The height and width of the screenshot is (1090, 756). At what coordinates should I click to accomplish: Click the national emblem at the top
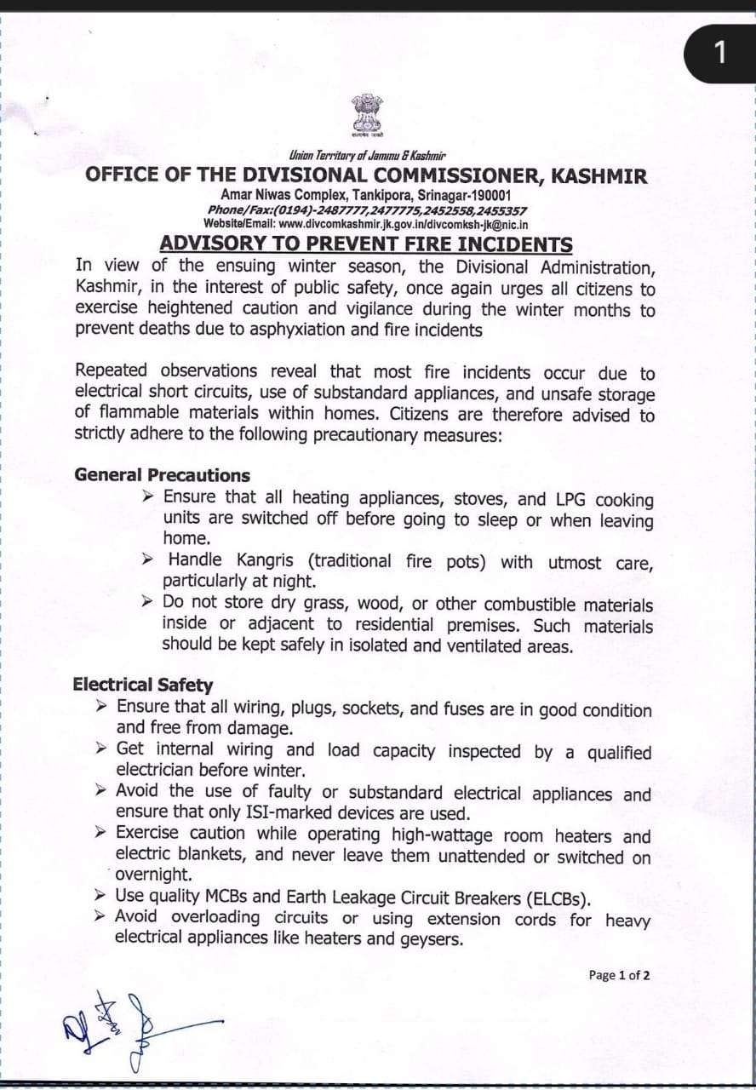(x=368, y=115)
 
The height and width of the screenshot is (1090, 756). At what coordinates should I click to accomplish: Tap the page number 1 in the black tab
(x=719, y=53)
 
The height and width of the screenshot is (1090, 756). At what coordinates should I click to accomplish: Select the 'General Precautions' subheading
(x=162, y=475)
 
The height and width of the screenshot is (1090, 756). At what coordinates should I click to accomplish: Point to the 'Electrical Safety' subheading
(x=143, y=685)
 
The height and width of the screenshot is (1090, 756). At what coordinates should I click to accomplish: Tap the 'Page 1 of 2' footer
(x=619, y=975)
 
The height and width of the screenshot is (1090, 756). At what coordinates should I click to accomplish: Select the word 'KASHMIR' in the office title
(x=599, y=176)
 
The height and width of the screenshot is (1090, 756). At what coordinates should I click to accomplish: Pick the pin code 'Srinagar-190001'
(x=460, y=196)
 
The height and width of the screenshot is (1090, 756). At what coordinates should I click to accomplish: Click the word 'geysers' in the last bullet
(x=433, y=939)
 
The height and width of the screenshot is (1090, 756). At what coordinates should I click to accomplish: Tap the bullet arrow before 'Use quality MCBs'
(x=101, y=896)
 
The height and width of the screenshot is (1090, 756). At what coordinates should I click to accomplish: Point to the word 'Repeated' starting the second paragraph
(x=111, y=370)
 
